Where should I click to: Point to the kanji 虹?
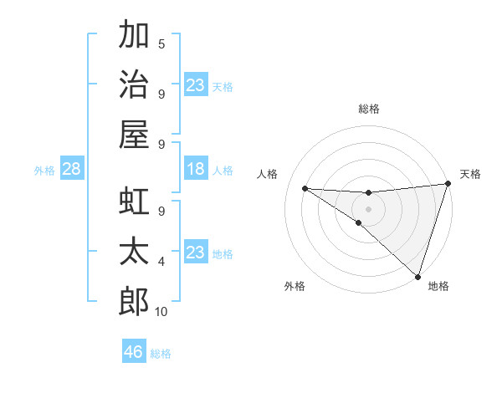134,203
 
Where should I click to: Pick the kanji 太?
134,253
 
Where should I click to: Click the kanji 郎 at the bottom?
134,301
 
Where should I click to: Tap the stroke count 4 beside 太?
161,262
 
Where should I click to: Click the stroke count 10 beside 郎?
161,312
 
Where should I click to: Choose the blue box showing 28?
71,170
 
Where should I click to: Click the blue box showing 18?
195,170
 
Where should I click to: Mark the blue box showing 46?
133,352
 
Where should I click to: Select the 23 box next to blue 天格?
195,85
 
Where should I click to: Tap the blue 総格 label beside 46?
161,354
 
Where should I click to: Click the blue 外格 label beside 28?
44,171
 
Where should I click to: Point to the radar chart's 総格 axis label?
368,109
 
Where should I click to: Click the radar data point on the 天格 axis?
448,185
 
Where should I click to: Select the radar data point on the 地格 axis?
417,277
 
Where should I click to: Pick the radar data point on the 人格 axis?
305,187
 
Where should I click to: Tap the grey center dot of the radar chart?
368,207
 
